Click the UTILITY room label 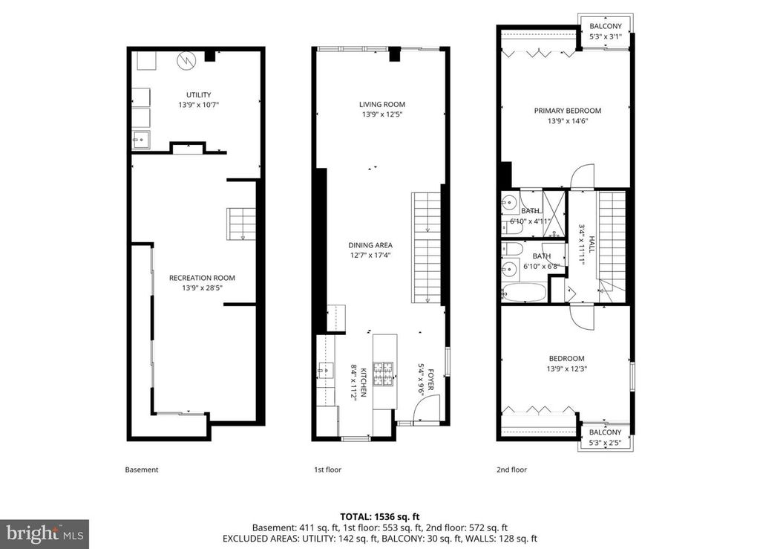(199, 95)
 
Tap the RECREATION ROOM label (202, 278)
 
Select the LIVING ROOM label (382, 104)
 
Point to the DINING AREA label (370, 245)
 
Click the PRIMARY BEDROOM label (568, 111)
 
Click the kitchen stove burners (383, 374)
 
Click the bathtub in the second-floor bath (524, 293)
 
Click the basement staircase (241, 224)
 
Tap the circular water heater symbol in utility (185, 61)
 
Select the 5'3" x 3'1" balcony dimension (606, 36)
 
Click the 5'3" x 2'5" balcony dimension (606, 442)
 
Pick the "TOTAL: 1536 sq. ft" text (379, 516)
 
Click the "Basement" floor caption (142, 470)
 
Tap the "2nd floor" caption (511, 470)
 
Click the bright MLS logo (45, 534)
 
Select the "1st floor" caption (327, 470)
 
